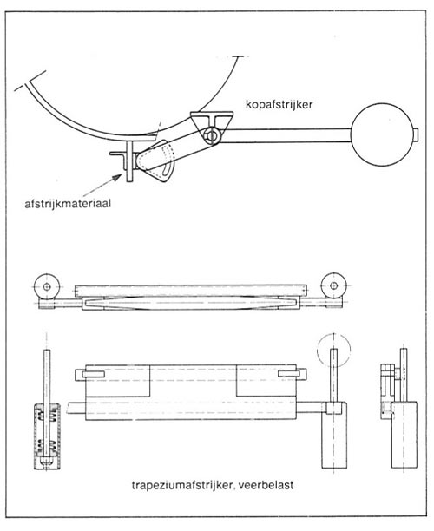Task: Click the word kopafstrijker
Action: (279, 105)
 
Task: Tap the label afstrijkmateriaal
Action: (68, 204)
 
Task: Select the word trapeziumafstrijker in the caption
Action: (181, 485)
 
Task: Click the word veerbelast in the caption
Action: (266, 485)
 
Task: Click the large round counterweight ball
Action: (382, 134)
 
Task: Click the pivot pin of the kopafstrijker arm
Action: (212, 135)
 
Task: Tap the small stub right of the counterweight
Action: (417, 134)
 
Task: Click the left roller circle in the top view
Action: (47, 287)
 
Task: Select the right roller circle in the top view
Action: (333, 285)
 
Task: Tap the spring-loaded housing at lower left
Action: (48, 436)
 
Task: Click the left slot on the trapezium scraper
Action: (93, 374)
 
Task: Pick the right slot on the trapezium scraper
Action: (289, 374)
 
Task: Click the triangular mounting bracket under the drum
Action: (212, 121)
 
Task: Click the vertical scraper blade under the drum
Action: (129, 162)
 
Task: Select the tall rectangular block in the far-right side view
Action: (404, 436)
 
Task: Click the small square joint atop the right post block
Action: (333, 408)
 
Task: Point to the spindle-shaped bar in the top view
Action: (192, 303)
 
